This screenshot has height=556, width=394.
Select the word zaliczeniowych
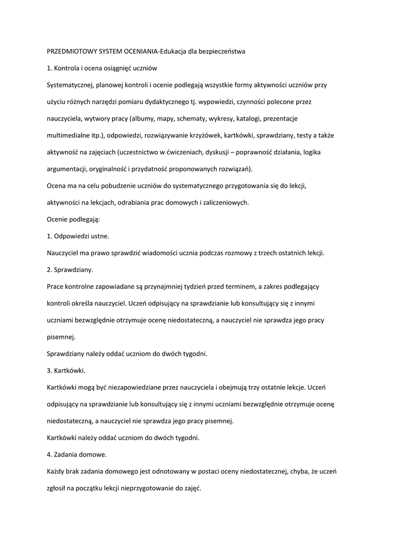pos(224,203)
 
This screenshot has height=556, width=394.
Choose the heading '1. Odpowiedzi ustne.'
pos(78,236)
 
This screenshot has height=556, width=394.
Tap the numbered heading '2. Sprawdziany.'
pos(71,269)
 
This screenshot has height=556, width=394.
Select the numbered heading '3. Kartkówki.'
pos(66,370)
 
